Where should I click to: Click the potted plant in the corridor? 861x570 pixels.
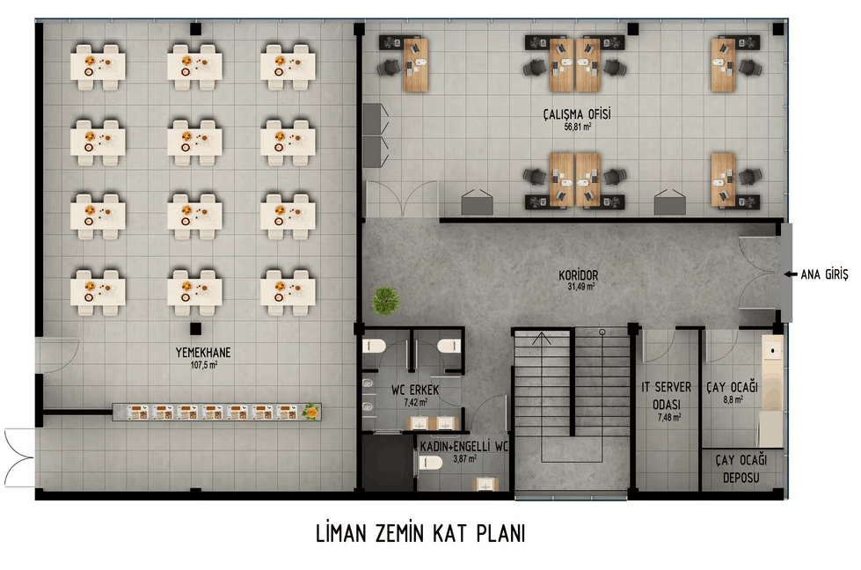[x=386, y=300]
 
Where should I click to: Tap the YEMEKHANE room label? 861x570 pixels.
[x=203, y=352]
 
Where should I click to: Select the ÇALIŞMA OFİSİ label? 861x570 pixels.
[x=577, y=114]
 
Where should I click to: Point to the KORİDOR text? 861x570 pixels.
[x=578, y=274]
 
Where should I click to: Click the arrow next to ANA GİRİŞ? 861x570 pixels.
[x=790, y=274]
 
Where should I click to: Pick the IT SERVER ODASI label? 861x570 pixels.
[x=667, y=395]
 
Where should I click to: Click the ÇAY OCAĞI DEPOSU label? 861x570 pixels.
[x=741, y=469]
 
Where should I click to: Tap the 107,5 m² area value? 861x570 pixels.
[x=204, y=365]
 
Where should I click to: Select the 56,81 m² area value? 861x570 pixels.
[x=577, y=127]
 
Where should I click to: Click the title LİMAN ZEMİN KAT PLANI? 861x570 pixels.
[x=420, y=534]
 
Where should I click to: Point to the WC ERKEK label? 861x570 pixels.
[x=415, y=390]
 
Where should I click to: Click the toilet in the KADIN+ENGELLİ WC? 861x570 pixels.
[x=431, y=463]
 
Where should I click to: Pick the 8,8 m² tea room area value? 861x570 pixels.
[x=733, y=400]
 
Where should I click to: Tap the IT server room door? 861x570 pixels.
[x=659, y=346]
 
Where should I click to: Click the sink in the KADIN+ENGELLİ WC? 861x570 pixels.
[x=485, y=484]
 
